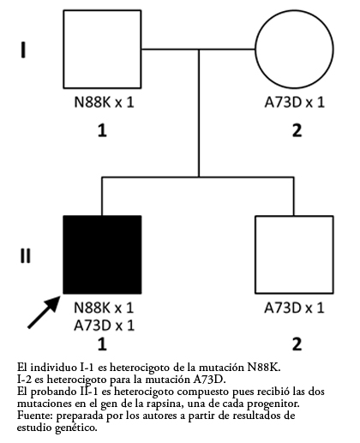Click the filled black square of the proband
102,254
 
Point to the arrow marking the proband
44,312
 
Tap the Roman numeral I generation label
23,50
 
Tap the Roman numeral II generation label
25,255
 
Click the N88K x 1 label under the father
104,102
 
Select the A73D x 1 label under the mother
295,102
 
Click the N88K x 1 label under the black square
104,308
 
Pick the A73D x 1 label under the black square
104,325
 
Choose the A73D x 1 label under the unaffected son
294,308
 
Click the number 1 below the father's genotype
102,130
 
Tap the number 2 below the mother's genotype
297,130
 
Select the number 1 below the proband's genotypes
102,344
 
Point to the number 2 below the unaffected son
297,344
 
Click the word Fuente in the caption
35,416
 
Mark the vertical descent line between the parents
199,113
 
